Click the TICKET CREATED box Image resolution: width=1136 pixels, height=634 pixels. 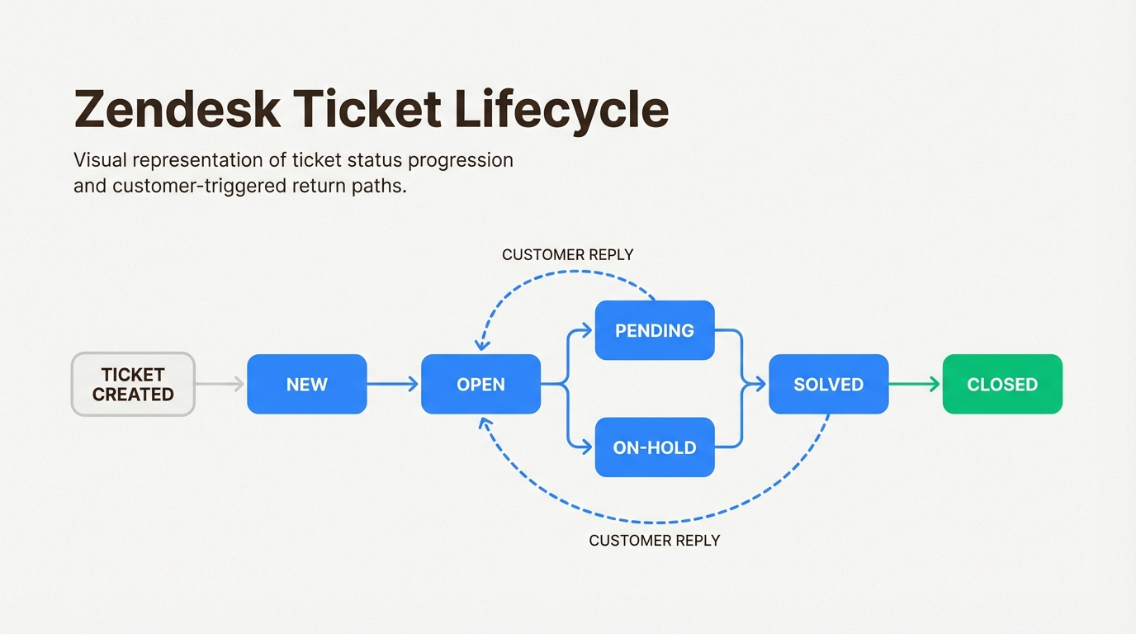133,384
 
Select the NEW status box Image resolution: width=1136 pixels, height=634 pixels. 306,384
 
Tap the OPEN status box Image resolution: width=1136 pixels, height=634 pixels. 480,384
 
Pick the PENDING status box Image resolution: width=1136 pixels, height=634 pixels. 654,330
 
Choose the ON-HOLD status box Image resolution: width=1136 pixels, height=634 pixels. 654,447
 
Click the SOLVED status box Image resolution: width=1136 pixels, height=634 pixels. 828,384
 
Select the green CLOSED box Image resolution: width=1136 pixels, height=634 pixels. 1002,384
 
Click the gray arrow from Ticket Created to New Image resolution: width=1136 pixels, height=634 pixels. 220,384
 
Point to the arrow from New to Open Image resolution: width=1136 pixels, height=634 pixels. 393,384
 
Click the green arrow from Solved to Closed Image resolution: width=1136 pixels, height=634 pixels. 915,384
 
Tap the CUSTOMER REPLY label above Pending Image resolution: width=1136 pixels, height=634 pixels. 567,255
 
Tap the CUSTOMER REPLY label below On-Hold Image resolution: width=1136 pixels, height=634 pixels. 654,541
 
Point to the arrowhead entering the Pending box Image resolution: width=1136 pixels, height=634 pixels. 587,330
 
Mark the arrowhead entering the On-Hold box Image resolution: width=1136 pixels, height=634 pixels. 587,447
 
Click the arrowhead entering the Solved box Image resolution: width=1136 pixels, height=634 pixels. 760,384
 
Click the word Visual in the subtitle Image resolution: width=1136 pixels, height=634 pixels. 98,159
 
